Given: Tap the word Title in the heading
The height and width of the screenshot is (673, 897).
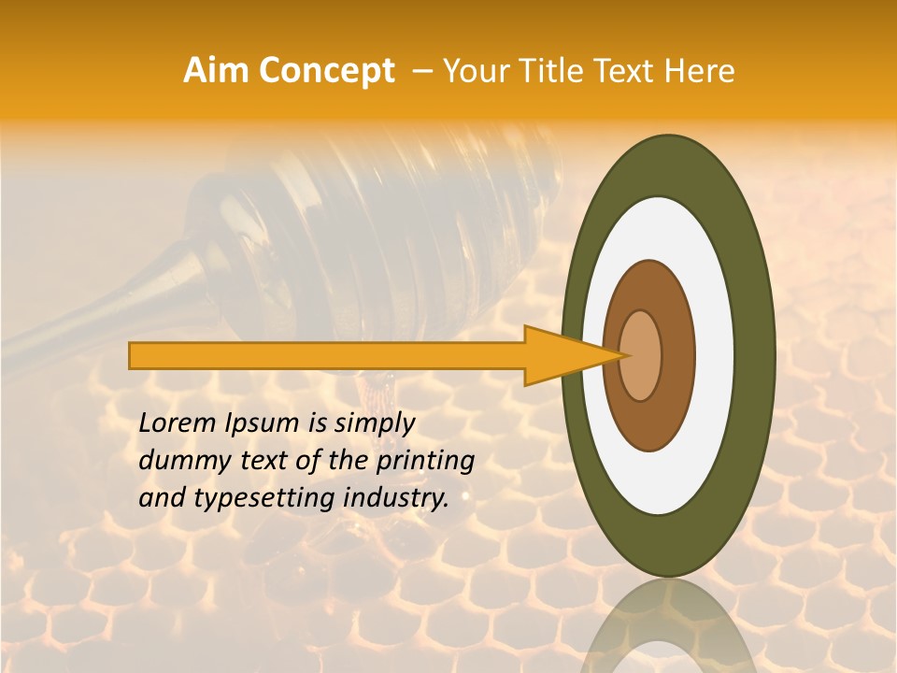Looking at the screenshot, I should click(x=542, y=71).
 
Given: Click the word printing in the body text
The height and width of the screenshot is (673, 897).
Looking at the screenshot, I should click(x=425, y=462).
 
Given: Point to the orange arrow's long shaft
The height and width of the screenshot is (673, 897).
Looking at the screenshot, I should click(x=327, y=355).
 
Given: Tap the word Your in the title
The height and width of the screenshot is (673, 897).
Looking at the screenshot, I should click(x=473, y=71).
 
